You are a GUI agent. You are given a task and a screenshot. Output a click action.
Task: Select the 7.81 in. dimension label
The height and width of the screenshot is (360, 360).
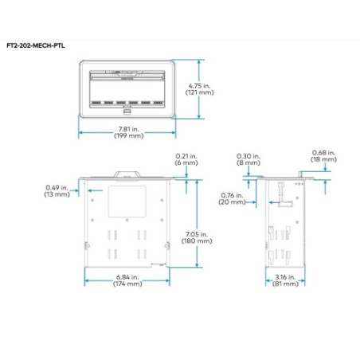coord(127,131)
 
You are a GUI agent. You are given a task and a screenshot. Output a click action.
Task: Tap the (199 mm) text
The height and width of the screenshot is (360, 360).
coord(127,138)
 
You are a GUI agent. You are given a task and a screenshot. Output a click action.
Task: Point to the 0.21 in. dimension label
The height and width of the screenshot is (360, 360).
coord(186,155)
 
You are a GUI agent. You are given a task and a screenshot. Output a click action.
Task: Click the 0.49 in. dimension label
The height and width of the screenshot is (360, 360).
coord(57,187)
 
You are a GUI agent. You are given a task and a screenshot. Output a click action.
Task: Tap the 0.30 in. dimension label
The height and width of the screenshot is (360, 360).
coord(248,155)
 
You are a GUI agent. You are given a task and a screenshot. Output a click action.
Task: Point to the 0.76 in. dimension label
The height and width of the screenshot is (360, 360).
coord(231,195)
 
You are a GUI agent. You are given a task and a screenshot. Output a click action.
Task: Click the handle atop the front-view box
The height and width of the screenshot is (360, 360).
coord(127,171)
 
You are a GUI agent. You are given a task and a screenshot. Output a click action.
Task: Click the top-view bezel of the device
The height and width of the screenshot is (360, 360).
coord(127,90)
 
